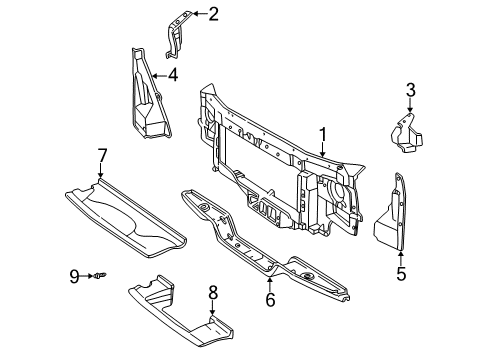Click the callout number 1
[x=323, y=133]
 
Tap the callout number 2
[x=213, y=13]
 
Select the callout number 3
[x=410, y=93]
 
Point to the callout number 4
[x=173, y=74]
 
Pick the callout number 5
[x=400, y=273]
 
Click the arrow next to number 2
[x=197, y=13]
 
